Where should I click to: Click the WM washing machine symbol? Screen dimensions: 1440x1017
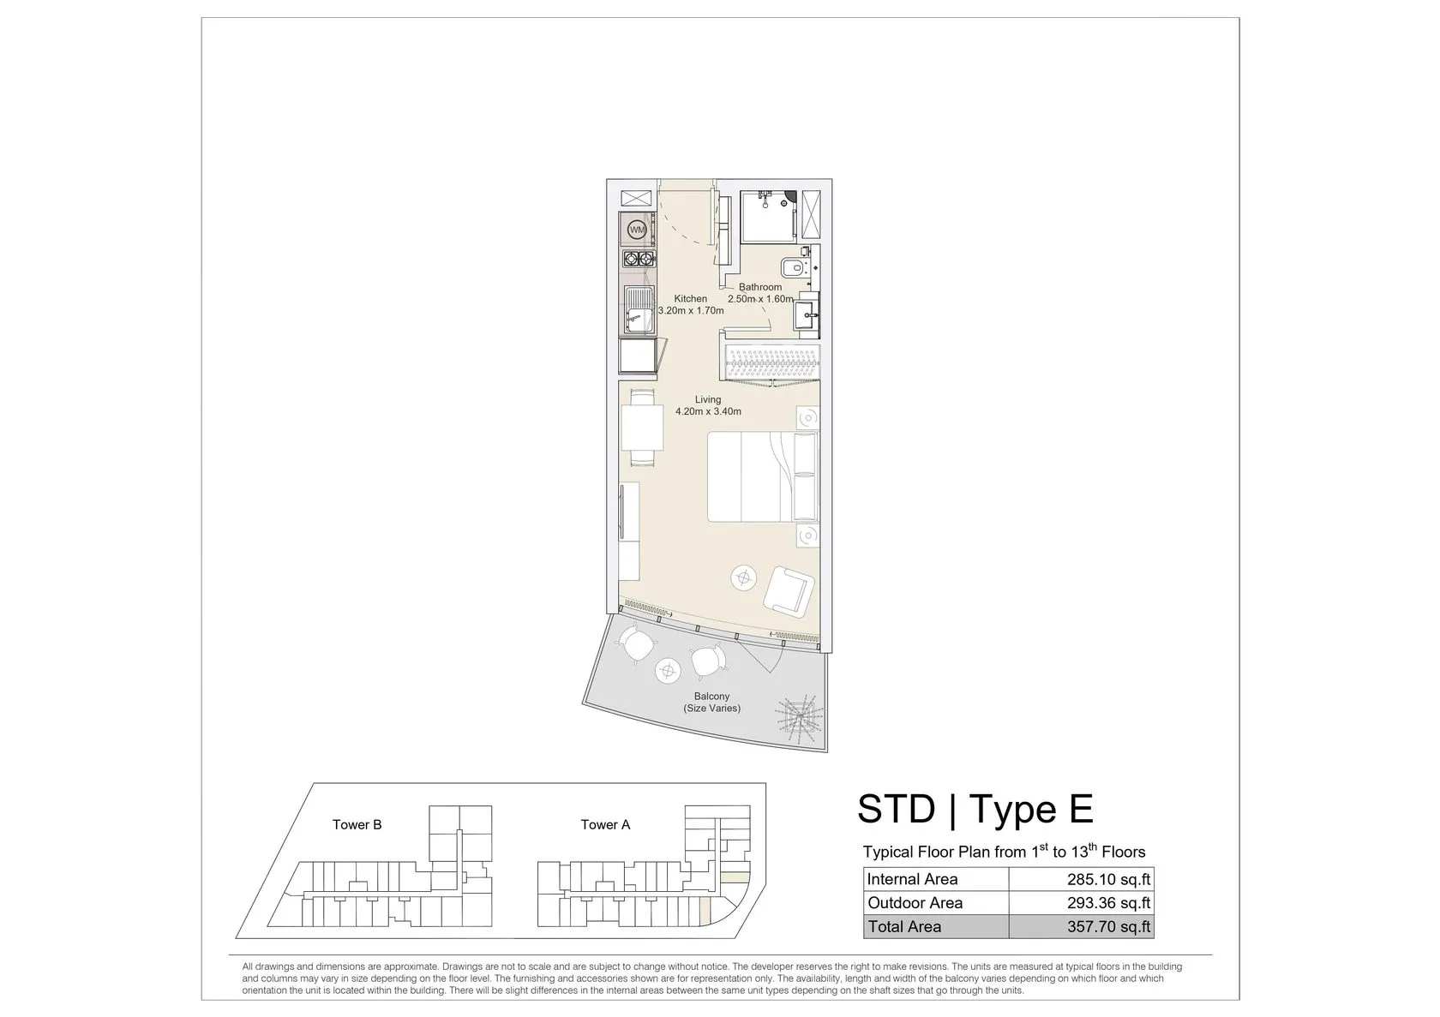(x=636, y=230)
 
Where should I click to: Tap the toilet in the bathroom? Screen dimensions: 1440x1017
(x=792, y=266)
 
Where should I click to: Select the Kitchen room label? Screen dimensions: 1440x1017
(x=691, y=299)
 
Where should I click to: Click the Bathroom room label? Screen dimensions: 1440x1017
(x=759, y=287)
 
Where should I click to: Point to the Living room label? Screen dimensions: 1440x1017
(x=708, y=399)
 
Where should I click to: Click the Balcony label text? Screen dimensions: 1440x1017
(x=711, y=697)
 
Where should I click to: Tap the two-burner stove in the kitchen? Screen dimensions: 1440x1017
(x=638, y=259)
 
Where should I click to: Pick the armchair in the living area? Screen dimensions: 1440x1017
(x=789, y=589)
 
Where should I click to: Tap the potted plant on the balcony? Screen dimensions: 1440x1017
(x=798, y=718)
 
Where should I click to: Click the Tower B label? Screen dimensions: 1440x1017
(x=357, y=825)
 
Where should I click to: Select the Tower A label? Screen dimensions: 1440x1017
(x=605, y=825)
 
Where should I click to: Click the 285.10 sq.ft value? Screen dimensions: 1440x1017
(x=1109, y=880)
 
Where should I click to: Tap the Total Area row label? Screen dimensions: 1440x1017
(x=904, y=927)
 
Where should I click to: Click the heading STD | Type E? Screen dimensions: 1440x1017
(x=975, y=809)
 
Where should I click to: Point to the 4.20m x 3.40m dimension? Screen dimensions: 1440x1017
(x=708, y=412)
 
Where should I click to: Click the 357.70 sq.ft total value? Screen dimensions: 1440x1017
(x=1109, y=927)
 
